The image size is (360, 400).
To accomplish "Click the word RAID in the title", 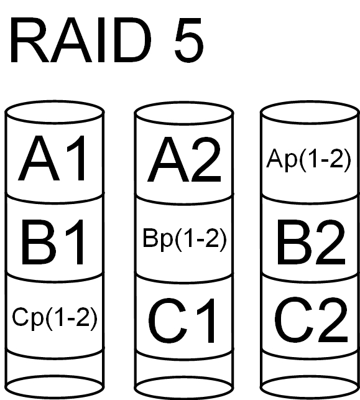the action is coord(80,40).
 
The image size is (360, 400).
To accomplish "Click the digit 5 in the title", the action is coord(189,40).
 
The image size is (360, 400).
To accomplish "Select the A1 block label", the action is coord(52,158).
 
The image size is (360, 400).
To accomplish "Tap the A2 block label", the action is coord(184,159).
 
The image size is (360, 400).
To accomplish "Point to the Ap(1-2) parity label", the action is coord(308,160).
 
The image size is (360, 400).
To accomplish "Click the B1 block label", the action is coord(53,243).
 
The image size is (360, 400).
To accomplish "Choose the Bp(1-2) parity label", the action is coord(185,239).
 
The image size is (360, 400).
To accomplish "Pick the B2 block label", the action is coord(311,243).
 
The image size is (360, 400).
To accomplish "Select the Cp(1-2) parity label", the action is coord(55,319).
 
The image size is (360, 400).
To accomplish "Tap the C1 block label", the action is coord(182,320).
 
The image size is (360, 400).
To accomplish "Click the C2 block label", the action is coord(311,320).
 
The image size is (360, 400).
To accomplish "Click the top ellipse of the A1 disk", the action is coord(54,112).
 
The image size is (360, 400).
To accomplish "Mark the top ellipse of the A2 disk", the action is coord(184,113).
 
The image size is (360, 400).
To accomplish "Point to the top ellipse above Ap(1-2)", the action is coord(310,112).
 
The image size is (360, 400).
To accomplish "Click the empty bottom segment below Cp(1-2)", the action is coord(55,370).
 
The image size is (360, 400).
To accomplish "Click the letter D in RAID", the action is coord(132,40).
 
